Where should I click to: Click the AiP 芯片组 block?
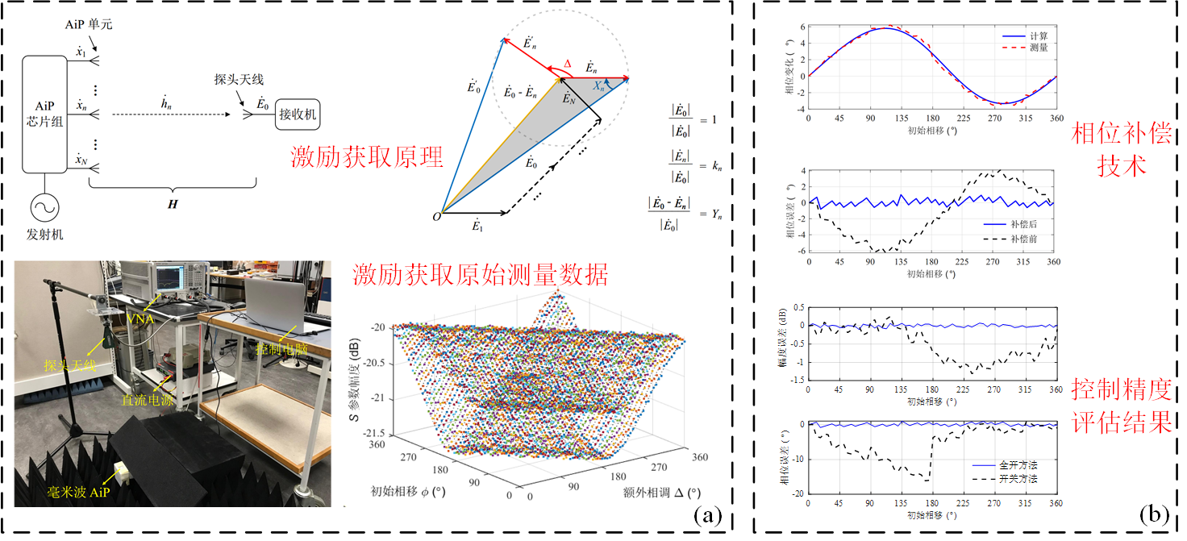(x=45, y=114)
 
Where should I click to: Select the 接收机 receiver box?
(x=298, y=115)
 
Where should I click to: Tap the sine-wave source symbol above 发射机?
(x=44, y=208)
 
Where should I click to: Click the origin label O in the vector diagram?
(x=436, y=216)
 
